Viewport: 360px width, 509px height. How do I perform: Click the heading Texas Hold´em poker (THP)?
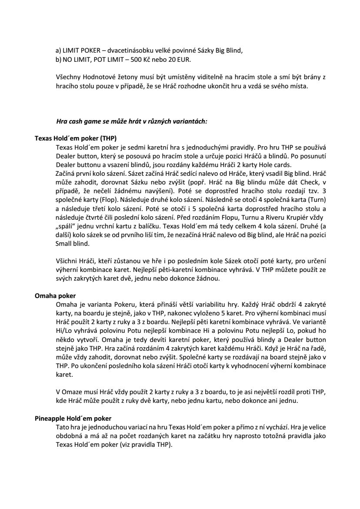click(x=69, y=139)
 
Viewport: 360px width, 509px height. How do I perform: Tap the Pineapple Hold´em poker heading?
click(x=73, y=420)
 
